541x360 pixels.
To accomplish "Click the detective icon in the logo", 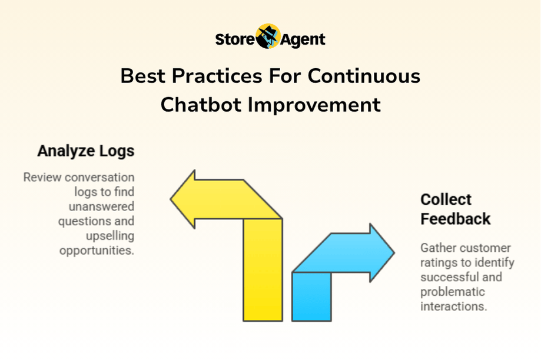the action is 268,36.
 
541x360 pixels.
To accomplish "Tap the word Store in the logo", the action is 235,39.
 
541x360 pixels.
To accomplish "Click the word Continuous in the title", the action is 364,76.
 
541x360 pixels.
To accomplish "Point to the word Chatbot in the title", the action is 201,105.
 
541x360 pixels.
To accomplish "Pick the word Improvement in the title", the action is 314,105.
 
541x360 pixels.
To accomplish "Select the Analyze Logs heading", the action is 86,151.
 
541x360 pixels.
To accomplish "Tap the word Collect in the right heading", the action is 446,199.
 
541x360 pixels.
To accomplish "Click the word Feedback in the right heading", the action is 456,219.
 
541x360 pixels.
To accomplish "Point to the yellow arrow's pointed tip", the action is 171,199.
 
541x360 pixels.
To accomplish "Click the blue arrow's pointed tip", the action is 394,253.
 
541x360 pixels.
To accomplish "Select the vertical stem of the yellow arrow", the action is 263,269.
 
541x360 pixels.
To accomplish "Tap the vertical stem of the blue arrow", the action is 311,296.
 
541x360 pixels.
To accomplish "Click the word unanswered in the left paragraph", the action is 101,206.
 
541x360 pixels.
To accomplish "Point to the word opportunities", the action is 97,251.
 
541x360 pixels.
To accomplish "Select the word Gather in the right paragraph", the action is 436,248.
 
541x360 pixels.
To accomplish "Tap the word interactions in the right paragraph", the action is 454,306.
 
